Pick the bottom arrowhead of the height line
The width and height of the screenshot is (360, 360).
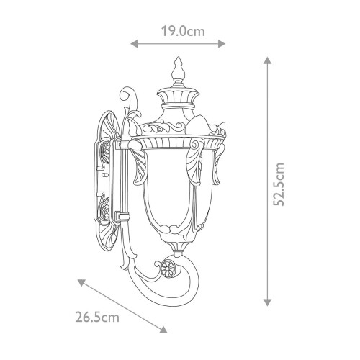point(268,303)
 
